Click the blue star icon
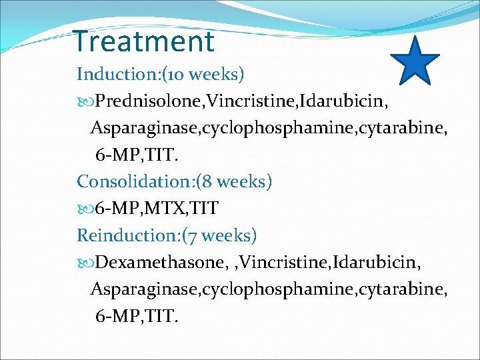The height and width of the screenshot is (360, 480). [414, 62]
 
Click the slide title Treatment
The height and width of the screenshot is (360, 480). [144, 41]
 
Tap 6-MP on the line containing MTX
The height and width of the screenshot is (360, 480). [114, 209]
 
